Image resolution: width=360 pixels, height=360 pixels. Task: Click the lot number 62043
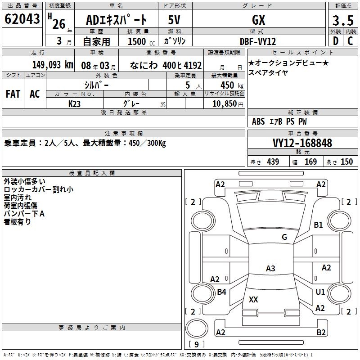point(22,19)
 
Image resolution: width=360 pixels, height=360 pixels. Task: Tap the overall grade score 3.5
point(343,20)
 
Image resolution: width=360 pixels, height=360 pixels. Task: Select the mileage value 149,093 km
point(53,65)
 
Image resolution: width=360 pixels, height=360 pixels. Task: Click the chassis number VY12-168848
point(302,143)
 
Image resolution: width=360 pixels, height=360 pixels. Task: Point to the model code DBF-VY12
point(257,41)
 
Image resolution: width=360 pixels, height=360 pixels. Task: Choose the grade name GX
point(259,20)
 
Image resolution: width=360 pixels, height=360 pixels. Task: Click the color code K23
point(74,104)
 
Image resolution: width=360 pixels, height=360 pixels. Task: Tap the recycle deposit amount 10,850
point(225,104)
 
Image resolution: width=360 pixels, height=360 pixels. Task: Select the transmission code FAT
point(13,94)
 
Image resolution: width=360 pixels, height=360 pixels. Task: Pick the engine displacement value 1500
point(137,41)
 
